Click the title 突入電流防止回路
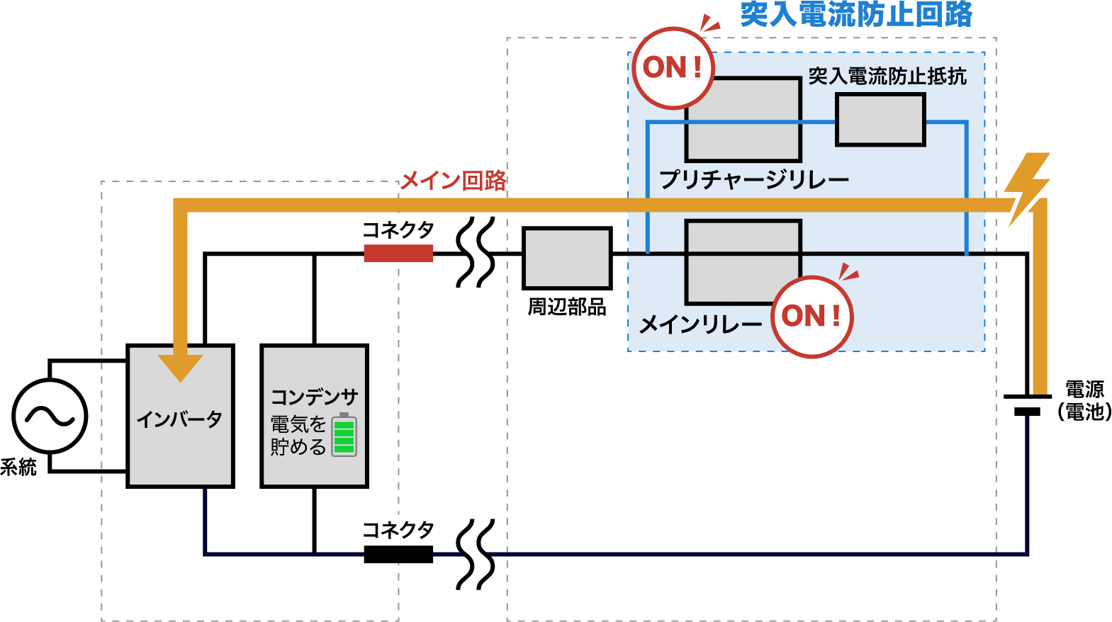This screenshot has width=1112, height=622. pos(856,14)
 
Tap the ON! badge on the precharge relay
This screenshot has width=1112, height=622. pos(673,68)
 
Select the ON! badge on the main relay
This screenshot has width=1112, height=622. pos(811,316)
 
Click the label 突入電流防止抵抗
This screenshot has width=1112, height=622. pos(887,76)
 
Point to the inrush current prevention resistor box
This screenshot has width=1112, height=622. pos(880,120)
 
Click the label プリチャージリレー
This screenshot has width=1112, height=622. pos(754,180)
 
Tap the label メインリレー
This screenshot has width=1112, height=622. pos(700,324)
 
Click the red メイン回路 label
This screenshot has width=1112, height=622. pos(454,181)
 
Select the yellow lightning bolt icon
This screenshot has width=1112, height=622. pos(1027,188)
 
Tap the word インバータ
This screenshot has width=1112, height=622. pos(180,419)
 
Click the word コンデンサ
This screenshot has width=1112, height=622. pos(315,397)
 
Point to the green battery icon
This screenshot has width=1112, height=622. pos(344,434)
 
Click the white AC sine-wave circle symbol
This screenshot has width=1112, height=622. pos(50,416)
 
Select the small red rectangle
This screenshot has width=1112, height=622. pos(398,254)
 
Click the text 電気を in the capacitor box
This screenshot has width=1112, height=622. pos(298,424)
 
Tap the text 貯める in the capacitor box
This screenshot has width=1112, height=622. pos(298,447)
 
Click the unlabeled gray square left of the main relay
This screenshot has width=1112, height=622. pos(567,258)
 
